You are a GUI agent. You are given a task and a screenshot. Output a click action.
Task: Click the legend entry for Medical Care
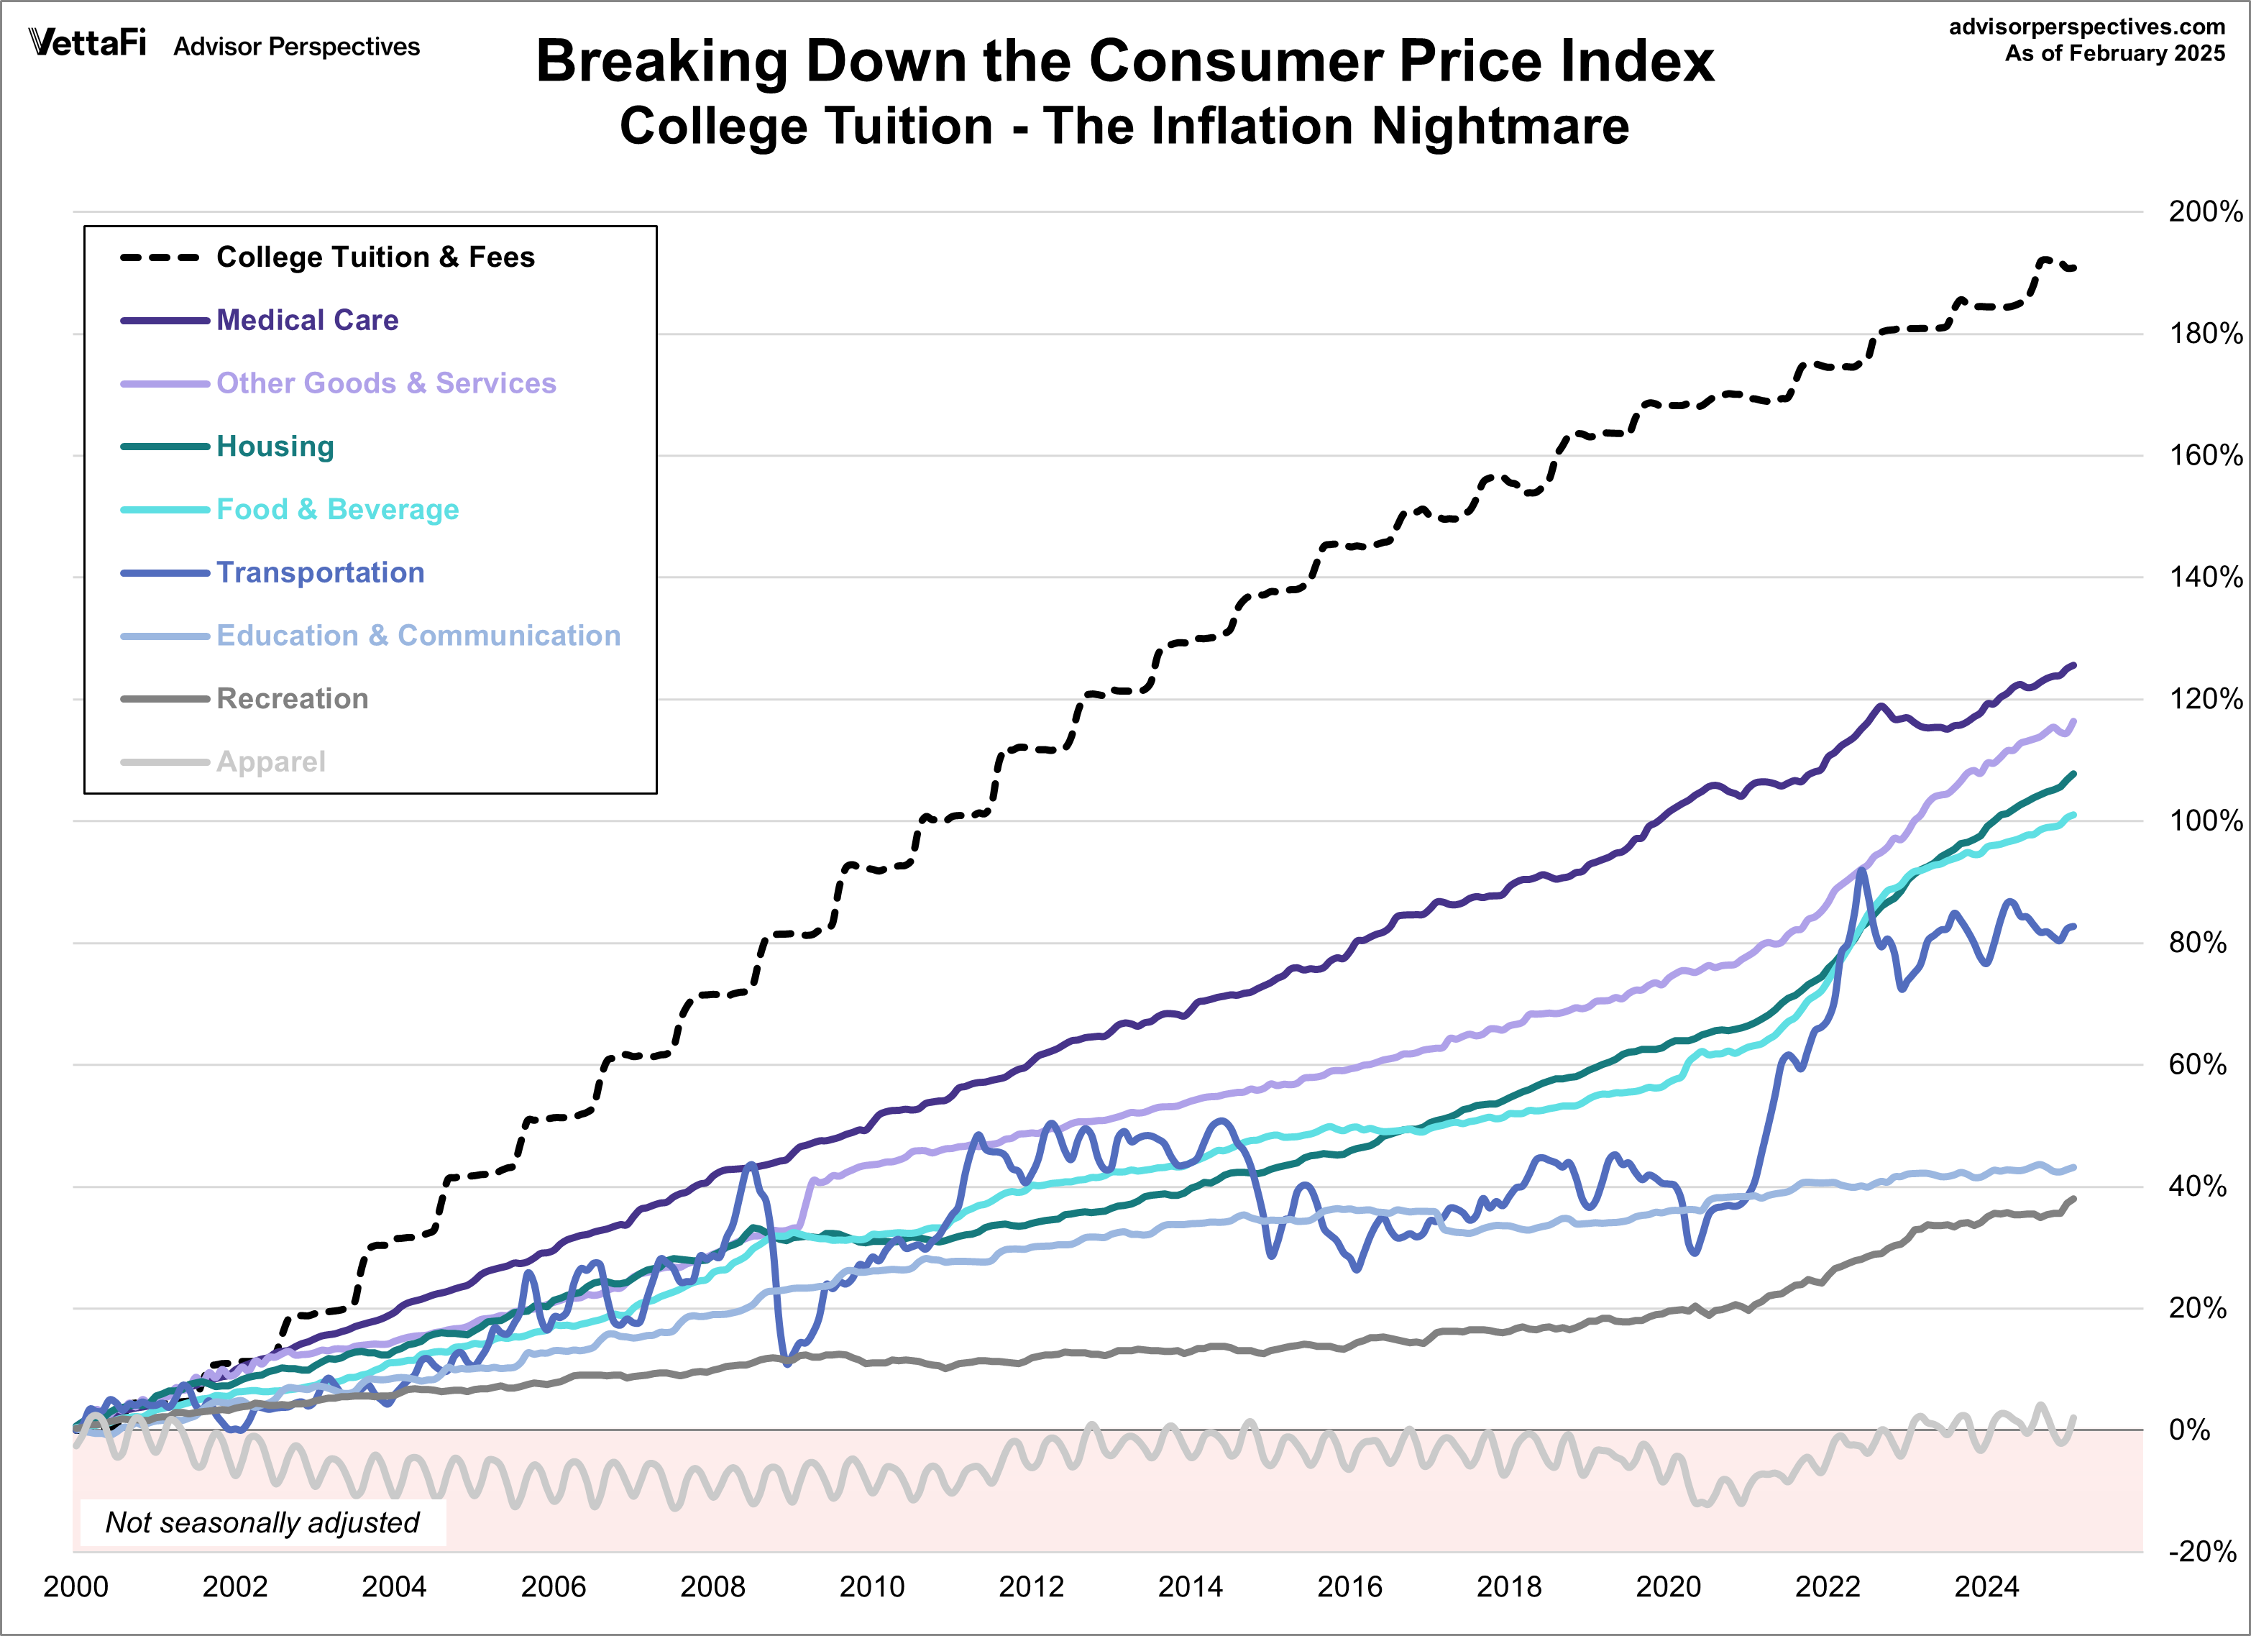307,320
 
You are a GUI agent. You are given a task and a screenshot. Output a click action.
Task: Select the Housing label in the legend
275,446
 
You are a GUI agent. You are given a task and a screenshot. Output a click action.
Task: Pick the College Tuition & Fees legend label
375,257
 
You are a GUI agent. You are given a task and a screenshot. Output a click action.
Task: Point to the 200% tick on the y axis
2204,211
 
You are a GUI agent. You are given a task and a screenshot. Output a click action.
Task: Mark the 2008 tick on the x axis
712,1587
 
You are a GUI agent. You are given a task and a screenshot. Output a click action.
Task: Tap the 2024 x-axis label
1986,1587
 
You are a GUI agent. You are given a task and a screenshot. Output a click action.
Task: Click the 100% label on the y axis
2204,821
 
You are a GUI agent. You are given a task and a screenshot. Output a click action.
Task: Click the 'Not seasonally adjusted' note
262,1522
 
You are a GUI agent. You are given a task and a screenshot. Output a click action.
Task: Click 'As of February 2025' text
2114,54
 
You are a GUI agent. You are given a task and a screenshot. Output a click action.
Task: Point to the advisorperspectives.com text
2086,27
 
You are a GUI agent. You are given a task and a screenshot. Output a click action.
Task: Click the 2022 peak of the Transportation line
1861,871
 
